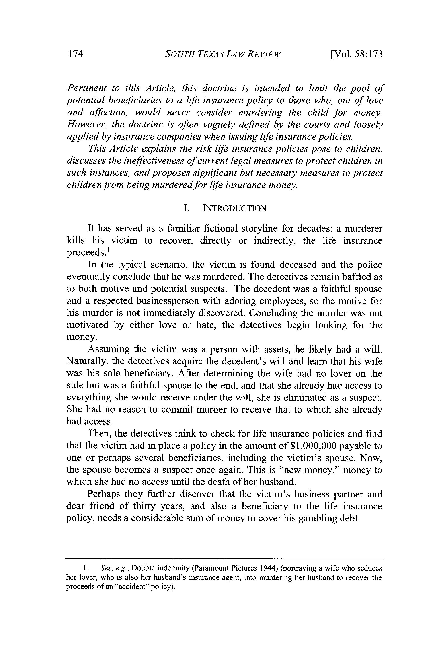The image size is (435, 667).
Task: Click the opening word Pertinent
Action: pos(87,88)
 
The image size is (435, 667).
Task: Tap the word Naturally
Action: pos(87,361)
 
